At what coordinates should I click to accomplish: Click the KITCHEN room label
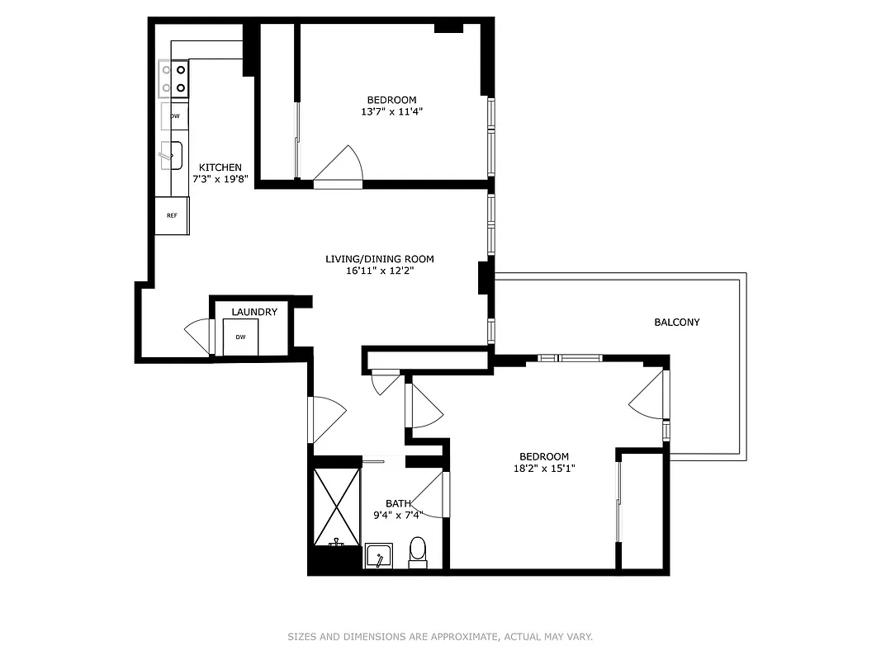point(220,167)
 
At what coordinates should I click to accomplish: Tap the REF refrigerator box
point(172,216)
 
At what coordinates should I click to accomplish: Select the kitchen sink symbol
point(171,154)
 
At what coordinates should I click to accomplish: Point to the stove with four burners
point(173,79)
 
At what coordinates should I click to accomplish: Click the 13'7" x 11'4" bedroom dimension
point(392,111)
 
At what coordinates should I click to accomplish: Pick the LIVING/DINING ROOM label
point(379,259)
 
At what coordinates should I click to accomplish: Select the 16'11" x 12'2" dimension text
point(380,271)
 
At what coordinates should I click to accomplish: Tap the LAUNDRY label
point(253,312)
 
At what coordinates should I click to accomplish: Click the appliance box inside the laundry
point(240,337)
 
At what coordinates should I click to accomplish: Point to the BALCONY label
point(676,322)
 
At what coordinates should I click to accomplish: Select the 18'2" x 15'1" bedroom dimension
point(543,469)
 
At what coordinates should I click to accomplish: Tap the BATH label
point(398,503)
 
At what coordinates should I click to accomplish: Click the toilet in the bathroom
point(418,552)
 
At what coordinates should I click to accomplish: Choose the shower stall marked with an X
point(336,506)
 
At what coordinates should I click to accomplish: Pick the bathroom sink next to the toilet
point(379,556)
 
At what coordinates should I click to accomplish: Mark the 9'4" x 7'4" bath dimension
point(399,515)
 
